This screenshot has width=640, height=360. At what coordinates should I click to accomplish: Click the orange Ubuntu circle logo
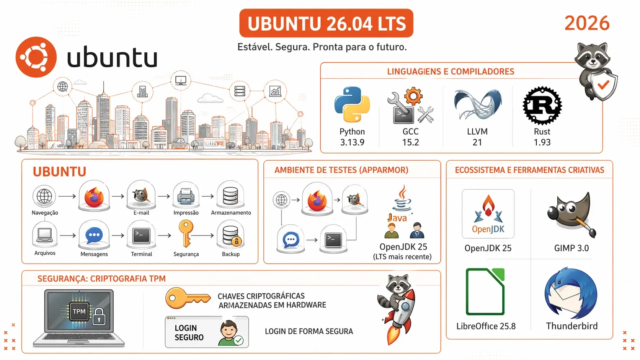pyautogui.click(x=36, y=57)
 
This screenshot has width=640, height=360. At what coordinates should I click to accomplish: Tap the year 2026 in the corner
pyautogui.click(x=587, y=23)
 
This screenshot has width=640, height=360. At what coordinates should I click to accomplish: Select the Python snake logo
pyautogui.click(x=352, y=104)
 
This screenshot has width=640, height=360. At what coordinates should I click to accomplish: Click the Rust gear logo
pyautogui.click(x=542, y=106)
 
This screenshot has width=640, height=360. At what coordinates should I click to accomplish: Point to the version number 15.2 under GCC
pyautogui.click(x=411, y=142)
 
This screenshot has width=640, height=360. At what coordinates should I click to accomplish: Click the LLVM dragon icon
pyautogui.click(x=478, y=104)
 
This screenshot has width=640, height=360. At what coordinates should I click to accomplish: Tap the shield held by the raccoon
pyautogui.click(x=603, y=85)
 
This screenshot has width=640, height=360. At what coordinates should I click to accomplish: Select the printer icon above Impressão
pyautogui.click(x=186, y=196)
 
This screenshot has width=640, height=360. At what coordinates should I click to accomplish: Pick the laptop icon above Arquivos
pyautogui.click(x=45, y=235)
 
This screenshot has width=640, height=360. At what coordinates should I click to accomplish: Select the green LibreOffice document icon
pyautogui.click(x=485, y=292)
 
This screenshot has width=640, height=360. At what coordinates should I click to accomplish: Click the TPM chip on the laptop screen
pyautogui.click(x=79, y=311)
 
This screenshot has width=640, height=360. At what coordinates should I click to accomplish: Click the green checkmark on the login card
pyautogui.click(x=238, y=340)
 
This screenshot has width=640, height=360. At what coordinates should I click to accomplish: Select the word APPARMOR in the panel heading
pyautogui.click(x=384, y=170)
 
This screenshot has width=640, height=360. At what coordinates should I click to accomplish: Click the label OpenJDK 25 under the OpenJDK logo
pyautogui.click(x=488, y=248)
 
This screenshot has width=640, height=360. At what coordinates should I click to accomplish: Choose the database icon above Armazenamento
pyautogui.click(x=230, y=196)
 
